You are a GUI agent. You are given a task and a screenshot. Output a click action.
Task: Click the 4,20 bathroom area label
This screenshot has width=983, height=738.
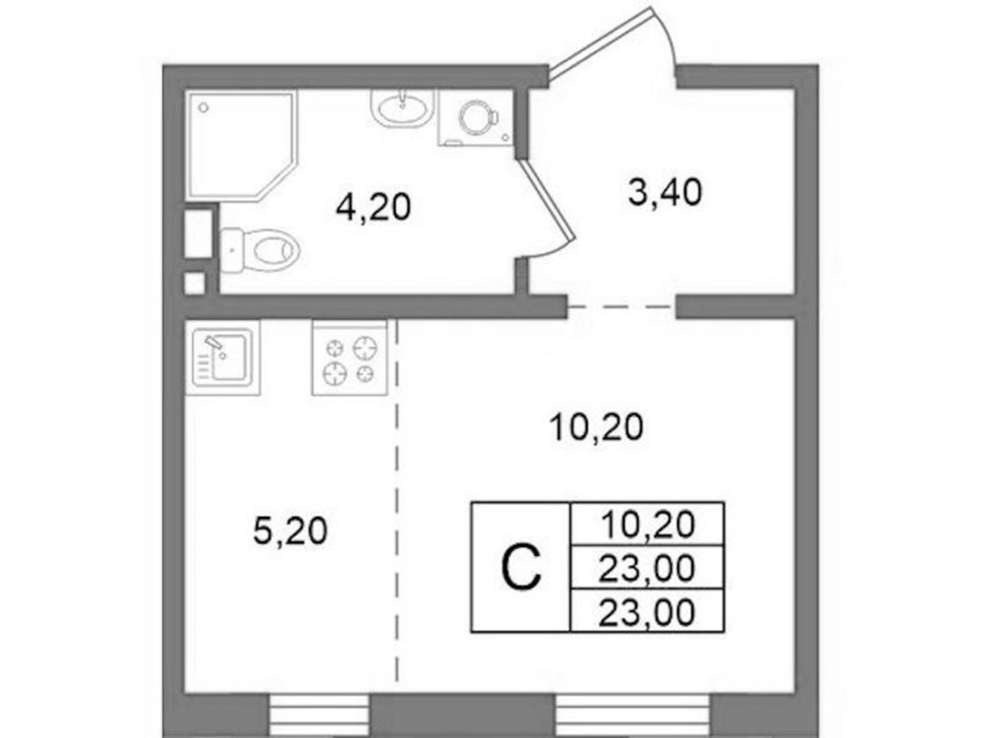[374, 207]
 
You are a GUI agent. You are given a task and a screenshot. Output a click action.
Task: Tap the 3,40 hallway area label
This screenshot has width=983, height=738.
[664, 192]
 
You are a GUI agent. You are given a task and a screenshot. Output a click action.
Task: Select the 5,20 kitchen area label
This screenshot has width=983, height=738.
[290, 531]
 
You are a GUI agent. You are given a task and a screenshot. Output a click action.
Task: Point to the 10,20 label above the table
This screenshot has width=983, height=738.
[596, 428]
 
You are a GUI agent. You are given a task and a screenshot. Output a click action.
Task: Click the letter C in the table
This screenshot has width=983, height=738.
[521, 567]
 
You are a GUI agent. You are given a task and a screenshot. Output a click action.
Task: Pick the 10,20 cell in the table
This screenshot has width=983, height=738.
[648, 523]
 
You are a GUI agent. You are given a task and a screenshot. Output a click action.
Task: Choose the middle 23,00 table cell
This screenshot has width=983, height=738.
[648, 568]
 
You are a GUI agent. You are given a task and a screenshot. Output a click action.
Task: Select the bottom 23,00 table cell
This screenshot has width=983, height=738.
[648, 611]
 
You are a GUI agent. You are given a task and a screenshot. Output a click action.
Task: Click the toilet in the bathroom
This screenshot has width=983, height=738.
[259, 250]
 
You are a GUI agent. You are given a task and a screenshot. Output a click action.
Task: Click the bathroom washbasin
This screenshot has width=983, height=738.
[402, 108]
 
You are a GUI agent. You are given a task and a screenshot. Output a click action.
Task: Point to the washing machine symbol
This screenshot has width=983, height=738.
[476, 118]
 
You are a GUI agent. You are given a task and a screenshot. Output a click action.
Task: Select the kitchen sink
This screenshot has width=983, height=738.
[223, 358]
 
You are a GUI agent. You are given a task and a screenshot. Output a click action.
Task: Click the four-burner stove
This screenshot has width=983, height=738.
[350, 358]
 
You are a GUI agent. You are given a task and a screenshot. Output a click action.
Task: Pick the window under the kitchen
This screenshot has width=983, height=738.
[319, 715]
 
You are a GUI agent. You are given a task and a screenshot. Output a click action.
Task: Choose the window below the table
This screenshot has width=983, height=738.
[633, 715]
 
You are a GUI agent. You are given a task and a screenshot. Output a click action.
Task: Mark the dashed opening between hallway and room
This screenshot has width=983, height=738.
[621, 308]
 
